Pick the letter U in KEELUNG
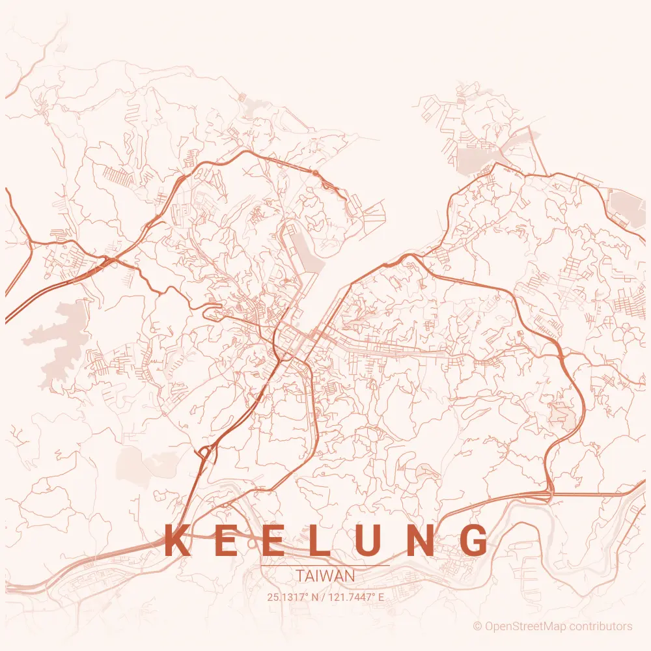pos(370,540)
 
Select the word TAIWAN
pos(325,576)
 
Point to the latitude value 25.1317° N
pos(292,596)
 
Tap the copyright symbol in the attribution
pos(478,626)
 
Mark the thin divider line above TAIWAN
pos(325,566)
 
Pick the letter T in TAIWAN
pos(299,576)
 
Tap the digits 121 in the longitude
pos(336,596)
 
